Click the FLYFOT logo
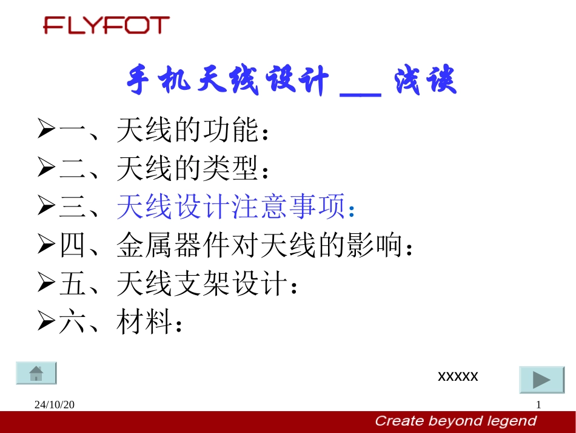(x=106, y=25)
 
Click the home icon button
(x=36, y=373)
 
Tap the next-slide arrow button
(x=541, y=380)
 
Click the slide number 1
(x=538, y=405)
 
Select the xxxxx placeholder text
(x=458, y=377)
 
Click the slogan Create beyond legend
(x=455, y=421)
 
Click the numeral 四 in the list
(x=73, y=245)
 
